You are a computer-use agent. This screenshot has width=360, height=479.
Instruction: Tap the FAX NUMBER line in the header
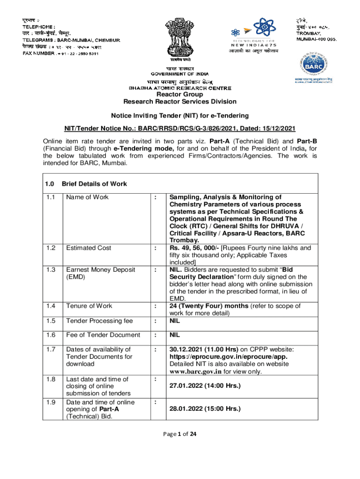tap(60, 54)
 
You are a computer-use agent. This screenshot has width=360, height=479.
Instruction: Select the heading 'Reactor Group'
tap(180, 94)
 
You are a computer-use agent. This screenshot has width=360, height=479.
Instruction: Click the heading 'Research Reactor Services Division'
tap(180, 102)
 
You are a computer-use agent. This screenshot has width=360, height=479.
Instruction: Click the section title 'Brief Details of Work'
tap(94, 184)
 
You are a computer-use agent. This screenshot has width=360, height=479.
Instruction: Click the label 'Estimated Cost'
tap(89, 248)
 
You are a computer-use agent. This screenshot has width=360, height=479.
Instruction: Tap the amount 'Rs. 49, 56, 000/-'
tap(194, 248)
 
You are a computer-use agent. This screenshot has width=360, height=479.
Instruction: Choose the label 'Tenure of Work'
tap(89, 306)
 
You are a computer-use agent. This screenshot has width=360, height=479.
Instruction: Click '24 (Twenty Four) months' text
tap(210, 306)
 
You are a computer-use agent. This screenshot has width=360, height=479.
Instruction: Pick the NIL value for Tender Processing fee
tap(174, 320)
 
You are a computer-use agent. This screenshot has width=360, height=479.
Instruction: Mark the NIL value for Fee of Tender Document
tap(174, 335)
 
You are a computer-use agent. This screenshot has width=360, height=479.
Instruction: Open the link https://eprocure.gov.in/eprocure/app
tap(222, 357)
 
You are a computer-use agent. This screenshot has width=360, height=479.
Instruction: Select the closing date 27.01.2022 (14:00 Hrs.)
tap(205, 386)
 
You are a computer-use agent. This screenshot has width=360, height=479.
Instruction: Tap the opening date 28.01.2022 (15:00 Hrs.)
tap(205, 409)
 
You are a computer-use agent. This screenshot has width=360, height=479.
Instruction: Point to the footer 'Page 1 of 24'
tap(180, 434)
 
